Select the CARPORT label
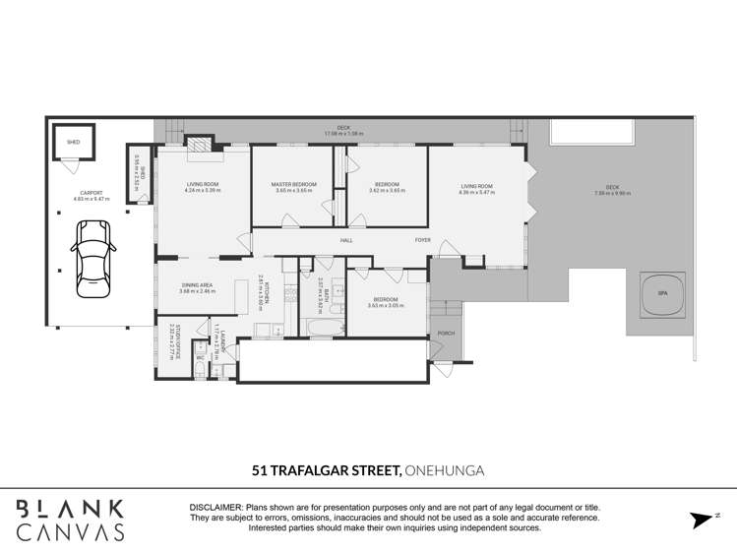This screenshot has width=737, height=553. coord(92,193)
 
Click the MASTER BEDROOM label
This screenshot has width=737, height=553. coord(293,185)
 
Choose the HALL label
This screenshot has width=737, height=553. coord(346,240)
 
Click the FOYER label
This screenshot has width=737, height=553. coord(422,240)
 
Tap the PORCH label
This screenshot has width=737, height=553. coord(446,334)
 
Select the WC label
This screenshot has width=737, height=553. coord(200,357)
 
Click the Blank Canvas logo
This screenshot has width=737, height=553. coord(72,520)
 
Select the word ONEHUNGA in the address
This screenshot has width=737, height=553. coord(445,470)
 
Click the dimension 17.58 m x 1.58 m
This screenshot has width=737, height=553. coord(343,134)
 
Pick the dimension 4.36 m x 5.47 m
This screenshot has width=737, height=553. coord(477,192)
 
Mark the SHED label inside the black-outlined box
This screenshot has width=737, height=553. coord(73,142)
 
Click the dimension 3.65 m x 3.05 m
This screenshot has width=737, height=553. coord(384,305)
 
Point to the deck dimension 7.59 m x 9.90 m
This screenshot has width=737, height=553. coord(612,193)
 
